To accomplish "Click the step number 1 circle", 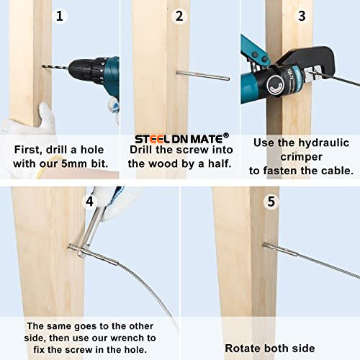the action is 59,16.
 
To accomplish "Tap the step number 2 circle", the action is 179,16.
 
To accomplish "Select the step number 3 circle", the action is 302,16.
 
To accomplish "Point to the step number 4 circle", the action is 89,201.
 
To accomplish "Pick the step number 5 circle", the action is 271,201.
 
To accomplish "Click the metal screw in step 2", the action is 203,76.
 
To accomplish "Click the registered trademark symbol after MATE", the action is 226,135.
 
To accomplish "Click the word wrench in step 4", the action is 127,338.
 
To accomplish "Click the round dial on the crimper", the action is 275,85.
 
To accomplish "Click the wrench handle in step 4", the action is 92,229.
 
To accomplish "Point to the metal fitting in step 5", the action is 280,249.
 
